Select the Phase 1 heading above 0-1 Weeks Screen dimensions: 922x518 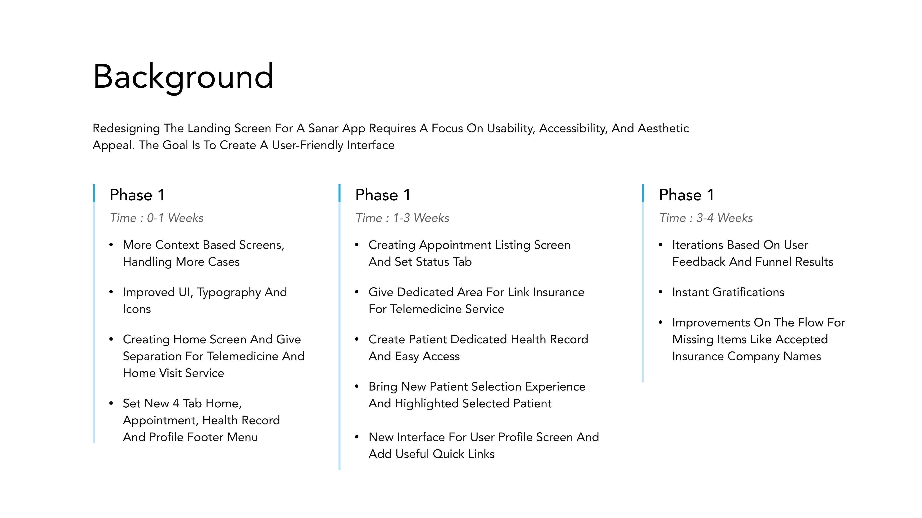137,195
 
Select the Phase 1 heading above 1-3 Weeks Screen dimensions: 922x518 383,195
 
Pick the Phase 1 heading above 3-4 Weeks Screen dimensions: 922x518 686,195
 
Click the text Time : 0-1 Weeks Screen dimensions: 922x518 157,218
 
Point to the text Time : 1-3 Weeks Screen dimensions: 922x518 402,218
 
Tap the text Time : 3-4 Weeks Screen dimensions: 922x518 706,218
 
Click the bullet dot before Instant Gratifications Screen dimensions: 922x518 661,292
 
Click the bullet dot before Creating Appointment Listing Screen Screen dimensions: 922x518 357,245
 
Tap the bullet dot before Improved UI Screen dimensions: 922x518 111,292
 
